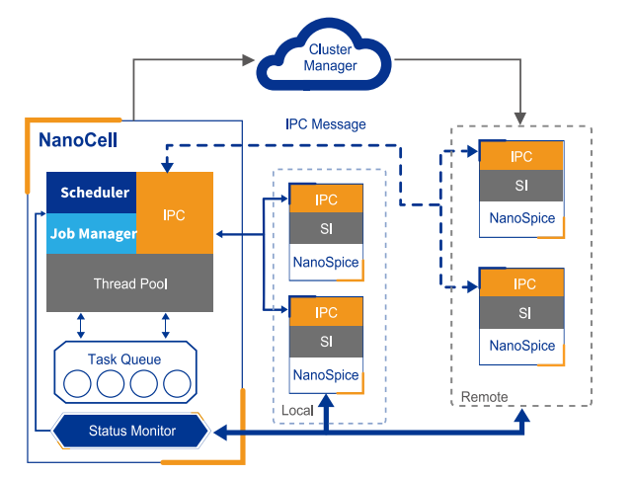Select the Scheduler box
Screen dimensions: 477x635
click(93, 193)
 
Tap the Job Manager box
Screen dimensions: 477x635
click(93, 234)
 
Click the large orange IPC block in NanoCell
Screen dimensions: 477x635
click(175, 212)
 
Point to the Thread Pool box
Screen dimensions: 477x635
click(130, 283)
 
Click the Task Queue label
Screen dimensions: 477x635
click(124, 359)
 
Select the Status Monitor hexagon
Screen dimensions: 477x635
click(131, 431)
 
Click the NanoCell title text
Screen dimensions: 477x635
click(78, 139)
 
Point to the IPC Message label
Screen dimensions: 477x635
click(325, 124)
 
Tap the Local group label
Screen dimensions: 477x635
click(297, 410)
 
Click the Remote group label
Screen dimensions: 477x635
click(485, 397)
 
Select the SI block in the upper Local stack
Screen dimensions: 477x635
click(326, 230)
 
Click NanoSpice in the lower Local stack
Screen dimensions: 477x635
click(326, 375)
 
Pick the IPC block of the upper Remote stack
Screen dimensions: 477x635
click(522, 156)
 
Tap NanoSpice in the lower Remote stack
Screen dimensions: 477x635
click(522, 346)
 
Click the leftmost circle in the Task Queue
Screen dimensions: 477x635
click(78, 383)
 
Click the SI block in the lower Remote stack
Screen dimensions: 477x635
click(522, 313)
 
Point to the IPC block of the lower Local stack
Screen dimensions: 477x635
click(326, 313)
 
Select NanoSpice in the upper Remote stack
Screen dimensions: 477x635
click(522, 218)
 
